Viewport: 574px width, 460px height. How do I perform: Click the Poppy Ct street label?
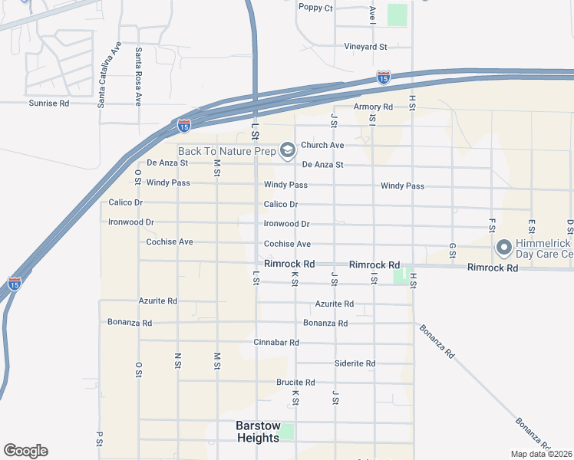[316, 8]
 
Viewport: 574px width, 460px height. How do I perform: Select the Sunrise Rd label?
[49, 103]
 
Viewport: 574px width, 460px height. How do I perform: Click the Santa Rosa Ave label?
[139, 76]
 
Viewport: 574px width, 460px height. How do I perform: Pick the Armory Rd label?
[373, 107]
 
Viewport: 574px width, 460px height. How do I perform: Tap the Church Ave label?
[322, 145]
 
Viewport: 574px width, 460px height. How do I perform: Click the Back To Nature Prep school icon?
[287, 149]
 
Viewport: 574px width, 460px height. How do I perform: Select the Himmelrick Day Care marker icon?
[504, 248]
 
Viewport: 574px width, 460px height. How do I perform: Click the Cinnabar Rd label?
[276, 342]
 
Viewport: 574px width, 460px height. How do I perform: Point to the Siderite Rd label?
[355, 363]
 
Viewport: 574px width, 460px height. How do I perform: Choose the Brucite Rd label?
[295, 383]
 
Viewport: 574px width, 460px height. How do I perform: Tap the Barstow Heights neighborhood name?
[258, 432]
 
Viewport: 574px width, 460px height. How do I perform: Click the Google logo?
[25, 451]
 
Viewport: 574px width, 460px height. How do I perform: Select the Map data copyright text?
[541, 454]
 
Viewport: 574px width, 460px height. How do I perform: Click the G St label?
[453, 251]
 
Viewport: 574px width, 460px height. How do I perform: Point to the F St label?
[493, 225]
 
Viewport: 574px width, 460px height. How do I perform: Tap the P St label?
[100, 439]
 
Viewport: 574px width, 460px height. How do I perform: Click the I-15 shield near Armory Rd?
[383, 77]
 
